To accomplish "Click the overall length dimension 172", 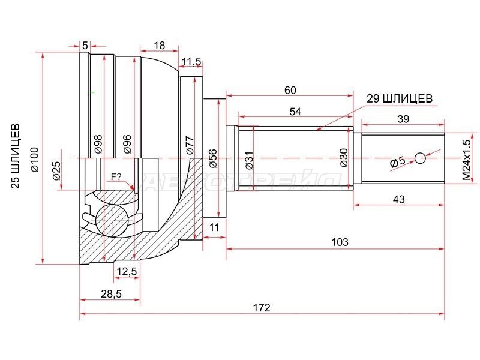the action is point(262,307).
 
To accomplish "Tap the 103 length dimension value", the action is point(340,242).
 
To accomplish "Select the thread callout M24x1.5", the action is point(466,160).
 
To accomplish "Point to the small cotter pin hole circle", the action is point(421,158).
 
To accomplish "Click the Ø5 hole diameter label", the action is point(397,161).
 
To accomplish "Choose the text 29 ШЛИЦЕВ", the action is point(400,98).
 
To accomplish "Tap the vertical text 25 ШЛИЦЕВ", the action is point(16,156).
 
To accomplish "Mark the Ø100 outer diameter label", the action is point(35,160).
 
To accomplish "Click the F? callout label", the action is point(116,176).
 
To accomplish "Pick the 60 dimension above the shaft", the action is point(290,91).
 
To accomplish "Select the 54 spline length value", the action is point(295,112).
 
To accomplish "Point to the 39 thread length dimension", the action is point(403,119).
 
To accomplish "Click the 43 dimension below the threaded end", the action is point(398,199).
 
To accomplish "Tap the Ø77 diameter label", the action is point(190,145).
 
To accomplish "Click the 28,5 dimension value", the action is point(111,293).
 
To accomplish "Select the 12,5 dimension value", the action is point(127,271).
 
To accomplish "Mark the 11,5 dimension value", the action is point(191,62).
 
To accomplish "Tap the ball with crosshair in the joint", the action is point(112,220).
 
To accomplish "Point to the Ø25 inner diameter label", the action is point(56,170).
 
